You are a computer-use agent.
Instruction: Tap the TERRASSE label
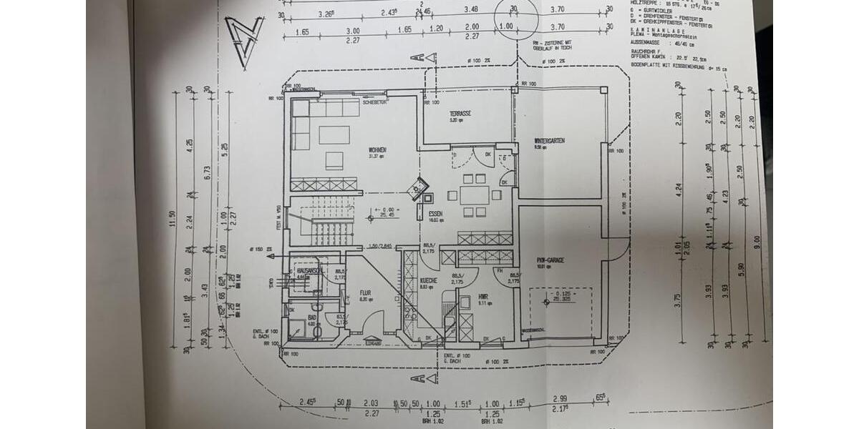coord(460,114)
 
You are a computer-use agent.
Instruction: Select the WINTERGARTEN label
coord(550,141)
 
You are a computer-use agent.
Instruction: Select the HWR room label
coord(463,295)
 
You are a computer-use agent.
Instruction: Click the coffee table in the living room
coord(334,134)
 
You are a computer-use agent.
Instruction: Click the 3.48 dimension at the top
coord(470,11)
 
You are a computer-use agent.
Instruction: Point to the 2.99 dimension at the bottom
coord(560,398)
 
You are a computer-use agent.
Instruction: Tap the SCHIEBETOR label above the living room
coord(374,103)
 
